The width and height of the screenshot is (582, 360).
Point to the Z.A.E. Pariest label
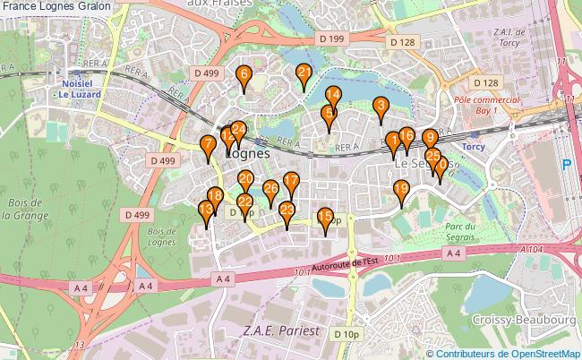pyautogui.click(x=281, y=330)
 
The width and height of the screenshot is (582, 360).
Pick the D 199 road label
pyautogui.click(x=331, y=39)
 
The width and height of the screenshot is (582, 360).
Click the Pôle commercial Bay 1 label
pyautogui.click(x=486, y=106)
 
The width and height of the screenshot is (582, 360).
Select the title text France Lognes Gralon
pyautogui.click(x=56, y=6)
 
